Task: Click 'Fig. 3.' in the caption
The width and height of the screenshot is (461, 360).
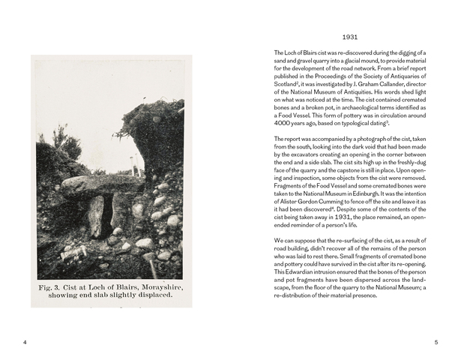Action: [x=54, y=287]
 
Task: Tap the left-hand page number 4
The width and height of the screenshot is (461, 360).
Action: [x=25, y=343]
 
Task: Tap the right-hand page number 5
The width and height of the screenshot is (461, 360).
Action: [x=436, y=343]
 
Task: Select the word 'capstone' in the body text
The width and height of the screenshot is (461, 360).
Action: [x=359, y=174]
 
